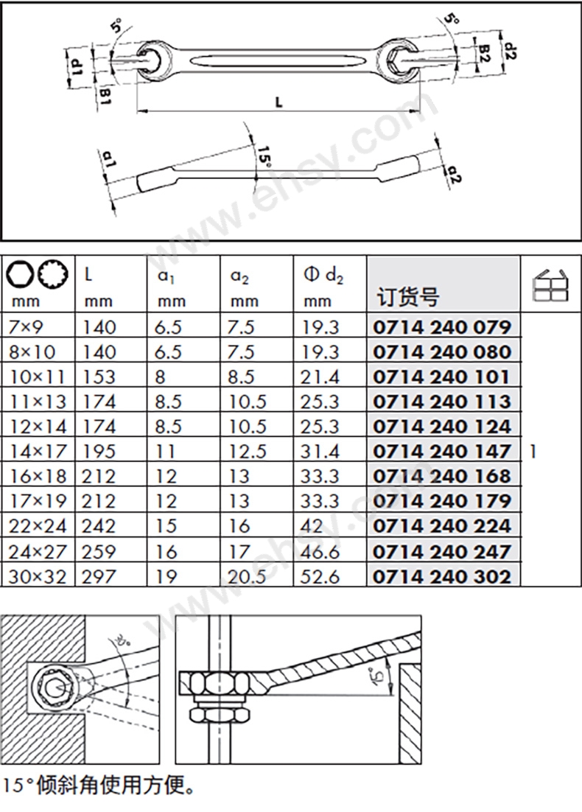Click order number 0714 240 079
click(x=442, y=326)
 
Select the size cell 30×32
click(x=38, y=576)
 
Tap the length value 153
click(x=99, y=377)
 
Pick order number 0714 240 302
click(x=442, y=576)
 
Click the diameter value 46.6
click(x=320, y=551)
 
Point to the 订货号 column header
click(x=407, y=297)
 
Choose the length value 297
click(x=99, y=576)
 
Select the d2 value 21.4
click(x=320, y=377)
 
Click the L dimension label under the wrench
click(x=278, y=102)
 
